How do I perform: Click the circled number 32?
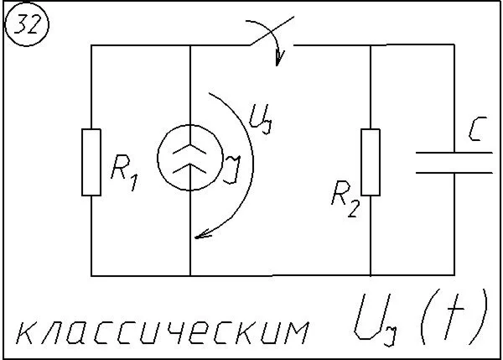[28, 28]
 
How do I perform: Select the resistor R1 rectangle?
[91, 162]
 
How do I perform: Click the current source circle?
[190, 158]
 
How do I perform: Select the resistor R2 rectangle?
[370, 162]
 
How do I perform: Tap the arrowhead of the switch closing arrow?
[280, 59]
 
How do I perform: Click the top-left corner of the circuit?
[91, 45]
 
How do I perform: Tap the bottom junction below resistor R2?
[370, 275]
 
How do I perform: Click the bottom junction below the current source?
[190, 275]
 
